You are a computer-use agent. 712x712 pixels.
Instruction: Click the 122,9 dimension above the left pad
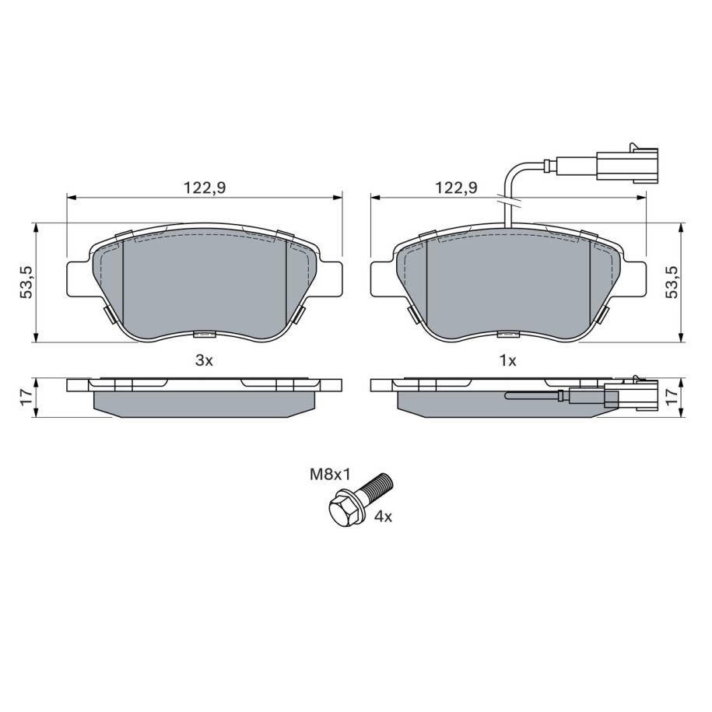[x=205, y=188]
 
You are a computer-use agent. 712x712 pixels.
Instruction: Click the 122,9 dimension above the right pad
[x=456, y=188]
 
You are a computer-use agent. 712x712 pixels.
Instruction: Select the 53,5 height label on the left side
[x=26, y=282]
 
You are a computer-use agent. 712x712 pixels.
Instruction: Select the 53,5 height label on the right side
[x=672, y=282]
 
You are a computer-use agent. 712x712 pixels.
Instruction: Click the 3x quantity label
[x=204, y=361]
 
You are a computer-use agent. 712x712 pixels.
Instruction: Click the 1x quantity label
[x=508, y=361]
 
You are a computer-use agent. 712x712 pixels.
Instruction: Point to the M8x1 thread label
[x=330, y=475]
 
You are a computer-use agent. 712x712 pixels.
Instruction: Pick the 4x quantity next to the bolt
[x=383, y=517]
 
